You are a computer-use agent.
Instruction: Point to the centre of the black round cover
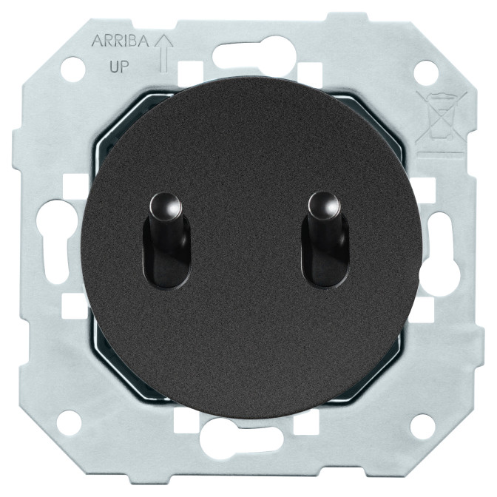click(248, 248)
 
